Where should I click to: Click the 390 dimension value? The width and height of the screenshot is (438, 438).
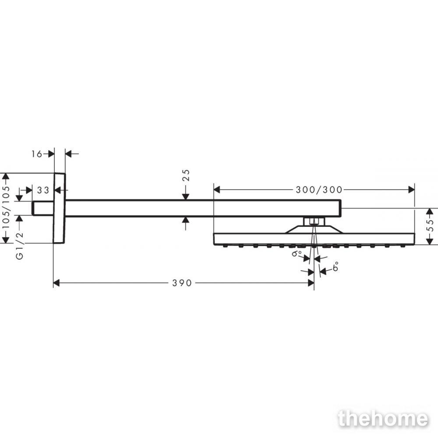click(x=182, y=283)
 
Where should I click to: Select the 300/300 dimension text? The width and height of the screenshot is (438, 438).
click(x=319, y=190)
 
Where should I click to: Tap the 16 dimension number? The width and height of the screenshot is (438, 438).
click(x=37, y=154)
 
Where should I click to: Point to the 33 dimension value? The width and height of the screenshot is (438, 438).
click(x=43, y=190)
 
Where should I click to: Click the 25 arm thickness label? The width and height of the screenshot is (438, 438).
click(x=186, y=175)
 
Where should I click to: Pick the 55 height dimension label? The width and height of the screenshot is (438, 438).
click(x=431, y=225)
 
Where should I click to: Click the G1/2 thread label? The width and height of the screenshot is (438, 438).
click(x=20, y=246)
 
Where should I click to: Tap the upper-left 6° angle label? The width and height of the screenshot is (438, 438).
click(x=297, y=253)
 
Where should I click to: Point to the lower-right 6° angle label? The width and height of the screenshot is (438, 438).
click(x=336, y=266)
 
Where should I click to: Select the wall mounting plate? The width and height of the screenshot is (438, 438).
click(x=59, y=208)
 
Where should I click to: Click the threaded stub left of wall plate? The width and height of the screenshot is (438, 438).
click(x=42, y=208)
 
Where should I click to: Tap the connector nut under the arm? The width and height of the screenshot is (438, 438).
click(x=314, y=222)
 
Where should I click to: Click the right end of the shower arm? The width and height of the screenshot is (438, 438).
click(x=340, y=208)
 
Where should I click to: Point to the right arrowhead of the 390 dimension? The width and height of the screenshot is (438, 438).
click(x=311, y=283)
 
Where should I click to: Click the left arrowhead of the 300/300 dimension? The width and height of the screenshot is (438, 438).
click(x=217, y=190)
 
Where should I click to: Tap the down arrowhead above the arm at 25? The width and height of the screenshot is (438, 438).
click(x=186, y=197)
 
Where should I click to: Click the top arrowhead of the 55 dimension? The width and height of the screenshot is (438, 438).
click(x=430, y=212)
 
